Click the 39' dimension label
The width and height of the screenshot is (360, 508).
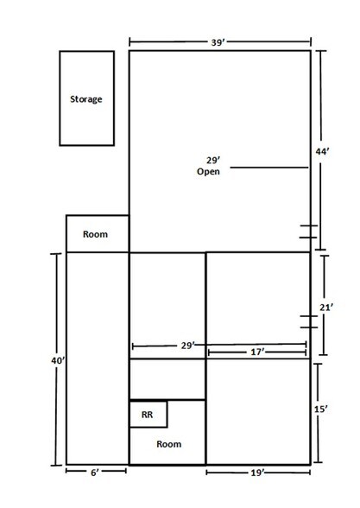pyautogui.click(x=218, y=42)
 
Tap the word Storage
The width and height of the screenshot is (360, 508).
pyautogui.click(x=86, y=99)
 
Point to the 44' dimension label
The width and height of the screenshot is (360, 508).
pyautogui.click(x=323, y=151)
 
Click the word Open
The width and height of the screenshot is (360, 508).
pyautogui.click(x=208, y=171)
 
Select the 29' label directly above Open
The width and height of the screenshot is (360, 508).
pyautogui.click(x=213, y=161)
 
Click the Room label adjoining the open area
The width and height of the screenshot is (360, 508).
pyautogui.click(x=95, y=234)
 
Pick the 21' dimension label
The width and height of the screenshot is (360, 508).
pyautogui.click(x=326, y=308)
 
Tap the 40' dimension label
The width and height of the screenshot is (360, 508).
pyautogui.click(x=59, y=360)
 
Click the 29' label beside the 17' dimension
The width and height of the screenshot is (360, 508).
pyautogui.click(x=188, y=346)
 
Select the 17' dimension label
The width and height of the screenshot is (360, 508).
pyautogui.click(x=257, y=352)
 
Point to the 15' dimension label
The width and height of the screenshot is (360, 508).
pyautogui.click(x=321, y=410)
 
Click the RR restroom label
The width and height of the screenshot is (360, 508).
pyautogui.click(x=147, y=415)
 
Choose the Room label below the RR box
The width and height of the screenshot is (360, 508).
pyautogui.click(x=169, y=444)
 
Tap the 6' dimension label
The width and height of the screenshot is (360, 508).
pyautogui.click(x=95, y=473)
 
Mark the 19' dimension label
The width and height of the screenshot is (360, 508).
pyautogui.click(x=257, y=473)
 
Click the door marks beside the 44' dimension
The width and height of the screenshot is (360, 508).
pyautogui.click(x=308, y=232)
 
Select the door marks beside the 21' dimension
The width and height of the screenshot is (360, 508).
pyautogui.click(x=309, y=321)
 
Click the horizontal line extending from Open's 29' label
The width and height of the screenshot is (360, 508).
pyautogui.click(x=269, y=168)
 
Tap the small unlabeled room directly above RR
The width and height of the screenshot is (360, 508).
pyautogui.click(x=167, y=379)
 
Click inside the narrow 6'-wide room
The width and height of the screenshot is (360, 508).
pyautogui.click(x=98, y=359)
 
